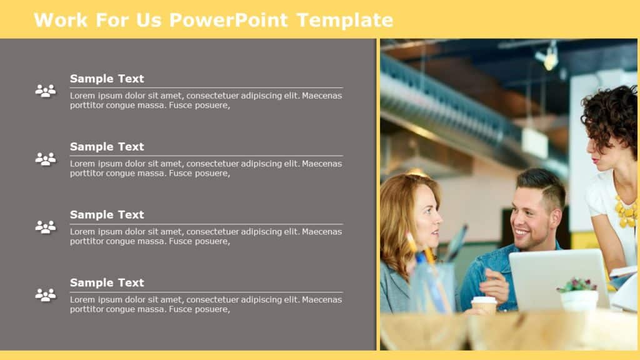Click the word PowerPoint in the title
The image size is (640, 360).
[x=228, y=20]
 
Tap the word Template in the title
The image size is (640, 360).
[x=344, y=20]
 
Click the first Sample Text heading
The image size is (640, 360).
[x=107, y=79]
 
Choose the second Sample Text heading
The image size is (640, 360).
[x=107, y=147]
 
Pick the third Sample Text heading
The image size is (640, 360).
[x=107, y=215]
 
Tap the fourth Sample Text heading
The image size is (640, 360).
[x=107, y=283]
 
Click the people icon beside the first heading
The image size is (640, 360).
[x=45, y=91]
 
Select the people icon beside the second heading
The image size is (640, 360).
[x=45, y=159]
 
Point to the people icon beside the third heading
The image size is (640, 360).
[x=45, y=227]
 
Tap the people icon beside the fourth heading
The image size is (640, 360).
[x=45, y=295]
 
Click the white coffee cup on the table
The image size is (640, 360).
[x=484, y=304]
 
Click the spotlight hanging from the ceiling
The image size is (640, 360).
[x=549, y=58]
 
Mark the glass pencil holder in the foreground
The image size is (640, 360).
[x=432, y=287]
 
